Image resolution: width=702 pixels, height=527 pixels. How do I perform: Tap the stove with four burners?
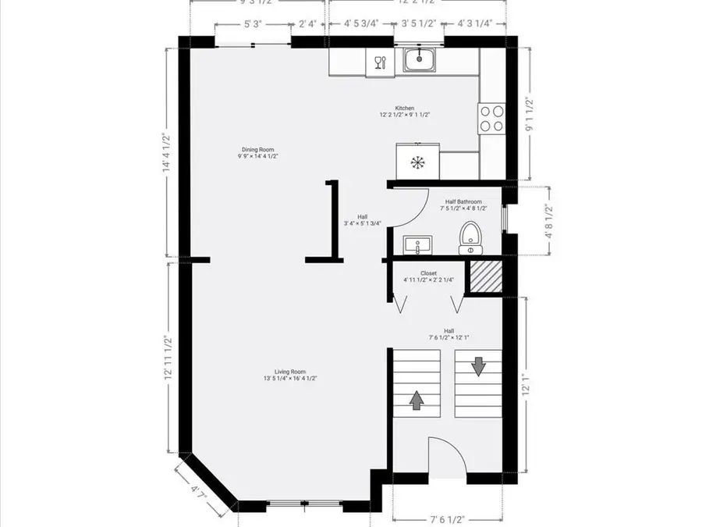pos(491,118)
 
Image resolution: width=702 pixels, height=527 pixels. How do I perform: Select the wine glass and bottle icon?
pos(380,62)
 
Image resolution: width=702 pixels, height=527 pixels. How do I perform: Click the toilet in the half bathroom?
pos(470,237)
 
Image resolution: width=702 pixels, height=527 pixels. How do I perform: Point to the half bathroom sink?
pos(418,245)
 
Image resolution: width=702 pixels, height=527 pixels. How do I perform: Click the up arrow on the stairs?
pos(417,400)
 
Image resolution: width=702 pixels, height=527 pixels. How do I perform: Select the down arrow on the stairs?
pos(477,365)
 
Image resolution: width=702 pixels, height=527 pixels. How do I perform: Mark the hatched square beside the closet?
pos(484,276)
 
